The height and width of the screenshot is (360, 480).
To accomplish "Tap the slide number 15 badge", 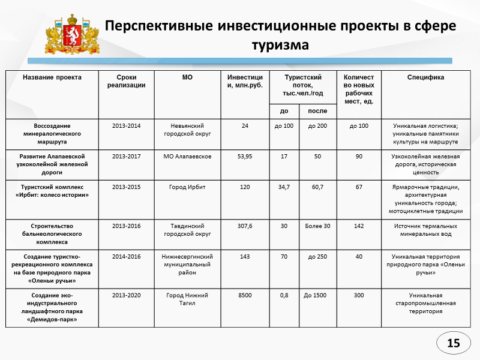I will click(x=453, y=343).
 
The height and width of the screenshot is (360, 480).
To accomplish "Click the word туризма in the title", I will click(x=280, y=45).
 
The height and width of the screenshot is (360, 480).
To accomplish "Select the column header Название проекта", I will click(x=52, y=77).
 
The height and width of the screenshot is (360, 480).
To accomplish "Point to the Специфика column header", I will click(x=425, y=77).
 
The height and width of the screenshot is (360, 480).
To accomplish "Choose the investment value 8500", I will click(x=245, y=295).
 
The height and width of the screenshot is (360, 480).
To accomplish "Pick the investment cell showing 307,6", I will click(x=245, y=226).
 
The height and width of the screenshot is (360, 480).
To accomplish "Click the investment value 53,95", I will click(x=245, y=156).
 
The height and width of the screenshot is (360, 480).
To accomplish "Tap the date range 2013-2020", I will click(x=126, y=295).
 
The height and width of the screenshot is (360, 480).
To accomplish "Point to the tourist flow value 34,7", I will click(x=284, y=187).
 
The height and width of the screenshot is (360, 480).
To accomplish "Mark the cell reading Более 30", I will click(x=317, y=226).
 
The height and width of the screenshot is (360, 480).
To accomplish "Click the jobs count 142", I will click(x=359, y=226).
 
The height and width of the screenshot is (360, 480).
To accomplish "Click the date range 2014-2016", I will click(x=126, y=256).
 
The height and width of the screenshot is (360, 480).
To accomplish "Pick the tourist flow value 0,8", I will click(x=284, y=295).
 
